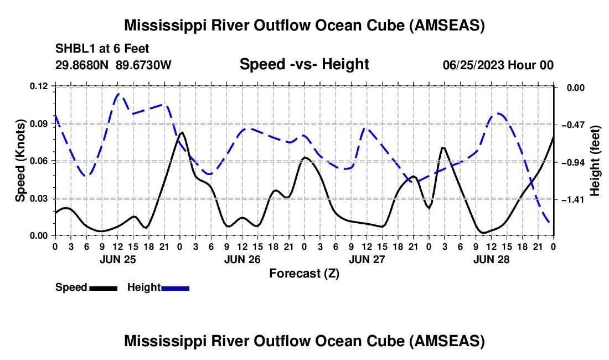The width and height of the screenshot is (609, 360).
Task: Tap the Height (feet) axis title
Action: (596, 161)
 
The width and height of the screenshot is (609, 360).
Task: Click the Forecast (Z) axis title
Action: (304, 273)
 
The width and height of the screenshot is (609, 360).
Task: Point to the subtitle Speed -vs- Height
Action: (304, 64)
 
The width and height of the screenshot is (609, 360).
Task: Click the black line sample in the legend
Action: (103, 287)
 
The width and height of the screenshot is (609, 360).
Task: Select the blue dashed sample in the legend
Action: (176, 287)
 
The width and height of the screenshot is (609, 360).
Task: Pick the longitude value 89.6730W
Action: (143, 65)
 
